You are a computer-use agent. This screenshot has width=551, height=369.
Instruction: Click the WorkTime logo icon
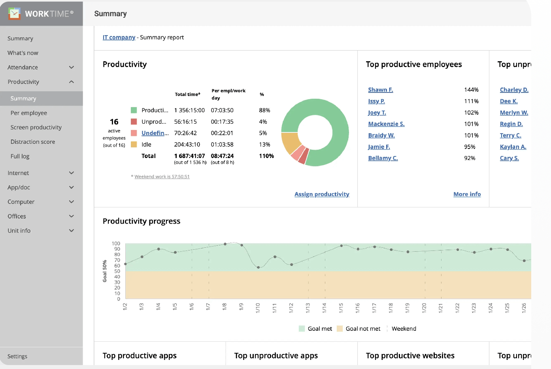point(15,14)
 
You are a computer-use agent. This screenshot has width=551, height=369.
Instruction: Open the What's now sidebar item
point(23,53)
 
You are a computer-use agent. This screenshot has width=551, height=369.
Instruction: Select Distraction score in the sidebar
point(33,142)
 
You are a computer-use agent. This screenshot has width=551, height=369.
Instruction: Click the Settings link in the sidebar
point(17,356)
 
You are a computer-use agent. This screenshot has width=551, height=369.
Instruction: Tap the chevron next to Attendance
point(72,68)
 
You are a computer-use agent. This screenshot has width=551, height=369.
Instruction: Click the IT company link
point(119,38)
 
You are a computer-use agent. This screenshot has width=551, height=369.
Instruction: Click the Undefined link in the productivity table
point(155,133)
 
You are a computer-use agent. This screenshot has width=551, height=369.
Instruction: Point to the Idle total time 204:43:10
point(187,145)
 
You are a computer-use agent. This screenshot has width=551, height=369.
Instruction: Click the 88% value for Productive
point(264,110)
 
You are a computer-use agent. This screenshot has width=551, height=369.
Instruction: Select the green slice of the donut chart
point(332,115)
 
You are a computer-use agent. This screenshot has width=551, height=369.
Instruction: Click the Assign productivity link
point(322,194)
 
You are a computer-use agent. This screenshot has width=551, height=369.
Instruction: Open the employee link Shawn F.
point(380,90)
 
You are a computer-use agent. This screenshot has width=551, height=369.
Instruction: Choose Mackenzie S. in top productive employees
point(386,124)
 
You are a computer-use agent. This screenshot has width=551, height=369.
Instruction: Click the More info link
point(467,194)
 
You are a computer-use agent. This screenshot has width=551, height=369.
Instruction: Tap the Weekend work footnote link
point(162,177)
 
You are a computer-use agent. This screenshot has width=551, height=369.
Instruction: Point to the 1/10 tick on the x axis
point(258,308)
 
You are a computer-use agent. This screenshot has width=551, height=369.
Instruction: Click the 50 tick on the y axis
point(117,271)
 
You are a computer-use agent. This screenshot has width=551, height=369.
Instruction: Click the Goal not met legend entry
point(362,329)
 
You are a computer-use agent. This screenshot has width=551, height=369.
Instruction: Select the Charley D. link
point(514,90)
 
